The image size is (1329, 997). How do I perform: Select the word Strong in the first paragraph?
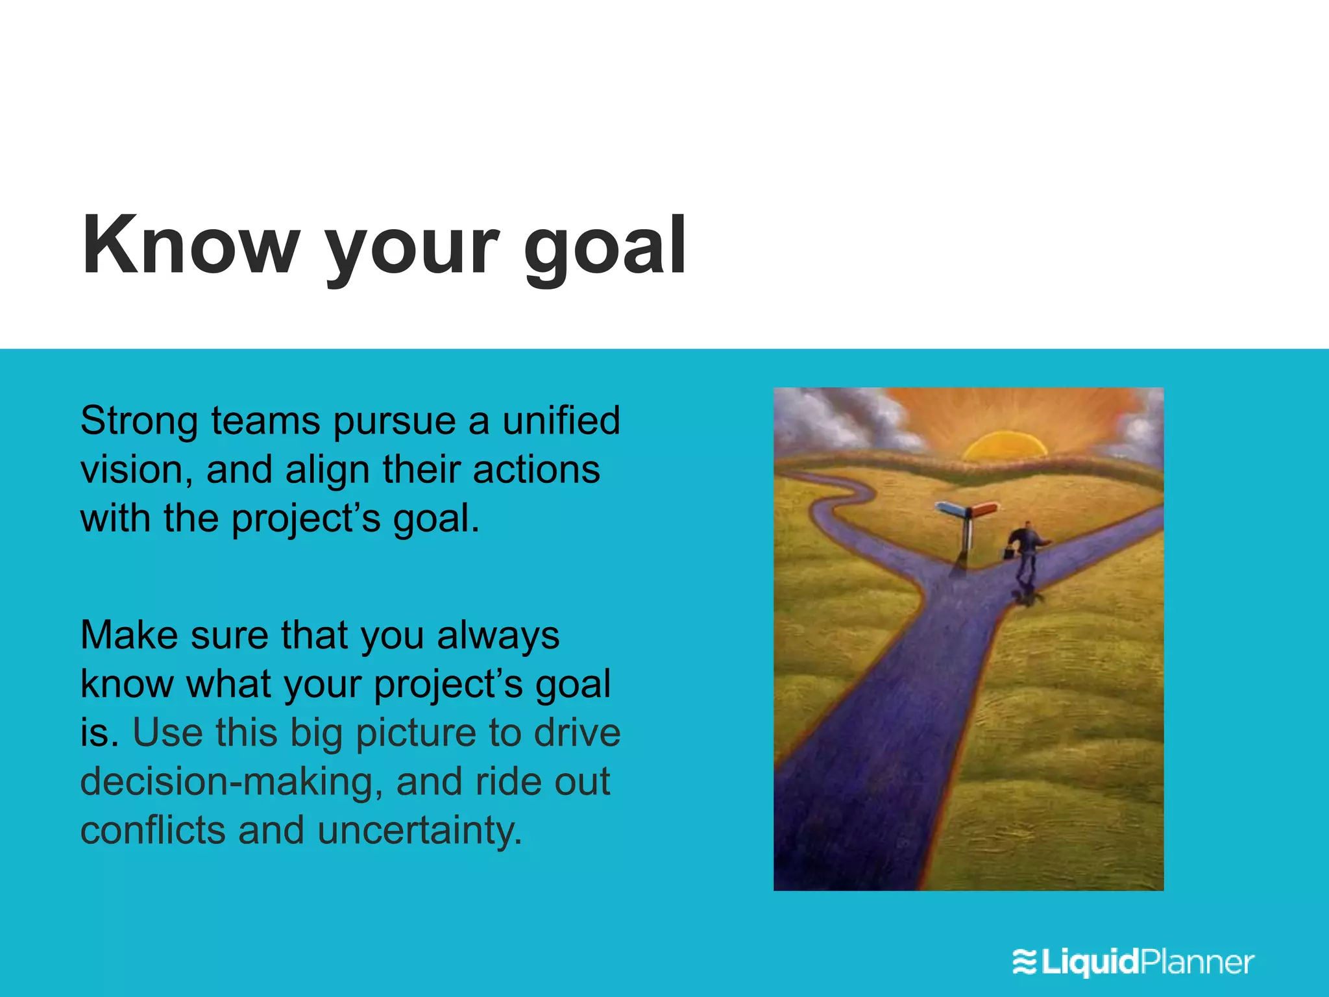139,421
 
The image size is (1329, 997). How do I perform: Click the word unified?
561,421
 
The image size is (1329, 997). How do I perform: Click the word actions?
536,469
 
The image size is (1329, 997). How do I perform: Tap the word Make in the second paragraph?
128,635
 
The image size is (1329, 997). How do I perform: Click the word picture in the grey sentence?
416,733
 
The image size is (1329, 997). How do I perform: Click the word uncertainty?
420,831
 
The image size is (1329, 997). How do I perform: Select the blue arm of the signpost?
951,509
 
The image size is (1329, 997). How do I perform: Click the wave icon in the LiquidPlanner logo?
1025,962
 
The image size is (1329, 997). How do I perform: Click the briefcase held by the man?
1008,554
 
